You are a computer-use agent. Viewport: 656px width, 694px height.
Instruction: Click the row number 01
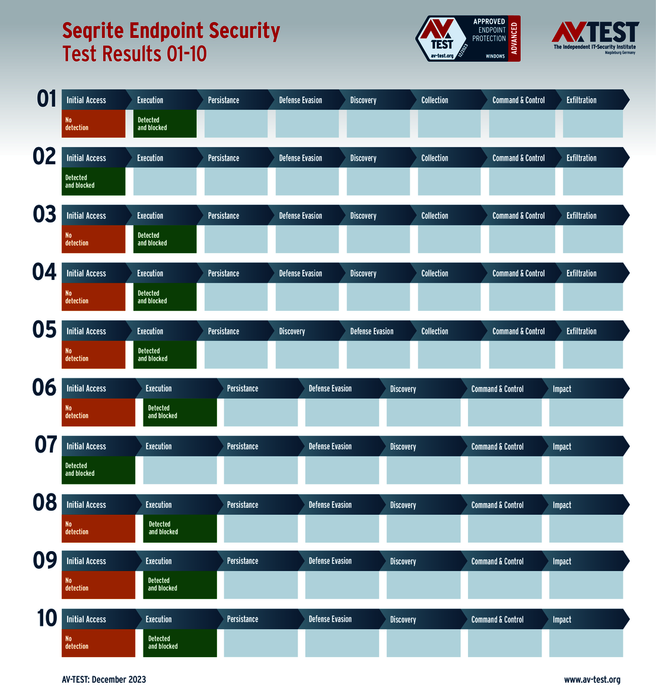click(x=46, y=99)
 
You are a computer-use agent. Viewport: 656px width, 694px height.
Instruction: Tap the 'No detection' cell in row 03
click(x=93, y=239)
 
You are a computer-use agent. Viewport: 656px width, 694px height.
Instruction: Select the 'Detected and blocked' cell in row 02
click(x=93, y=182)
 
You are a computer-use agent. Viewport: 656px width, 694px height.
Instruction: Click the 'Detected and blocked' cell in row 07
click(x=98, y=470)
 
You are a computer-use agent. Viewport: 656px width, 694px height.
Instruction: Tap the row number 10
click(x=47, y=618)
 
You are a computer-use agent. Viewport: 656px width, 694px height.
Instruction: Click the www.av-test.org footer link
click(x=592, y=680)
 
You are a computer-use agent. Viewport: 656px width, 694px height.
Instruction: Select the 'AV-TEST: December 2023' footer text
click(x=104, y=680)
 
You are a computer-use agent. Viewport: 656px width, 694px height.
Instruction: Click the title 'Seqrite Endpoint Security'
click(x=171, y=31)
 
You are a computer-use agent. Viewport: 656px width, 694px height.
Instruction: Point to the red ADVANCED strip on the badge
click(x=514, y=39)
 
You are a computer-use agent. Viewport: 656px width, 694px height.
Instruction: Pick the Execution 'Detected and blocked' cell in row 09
click(x=180, y=585)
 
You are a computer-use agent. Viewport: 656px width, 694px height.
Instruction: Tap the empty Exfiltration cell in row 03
click(x=593, y=239)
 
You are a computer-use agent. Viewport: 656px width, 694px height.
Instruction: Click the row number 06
click(x=44, y=388)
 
